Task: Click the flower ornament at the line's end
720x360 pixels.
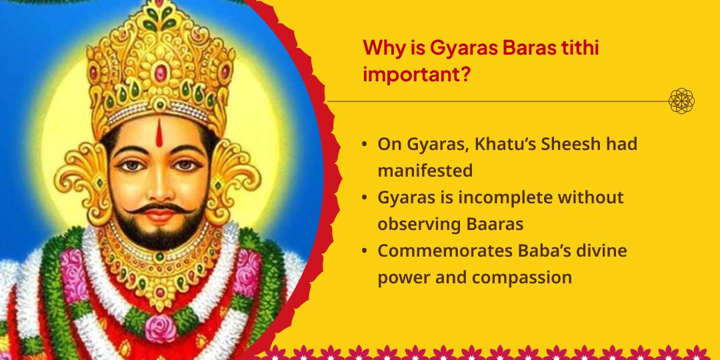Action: click(x=681, y=101)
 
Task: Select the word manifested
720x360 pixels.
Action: click(x=425, y=171)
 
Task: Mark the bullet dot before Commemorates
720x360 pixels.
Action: click(x=364, y=252)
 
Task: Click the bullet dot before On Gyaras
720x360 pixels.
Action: click(x=364, y=145)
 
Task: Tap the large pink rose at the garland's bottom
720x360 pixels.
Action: click(x=160, y=327)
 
